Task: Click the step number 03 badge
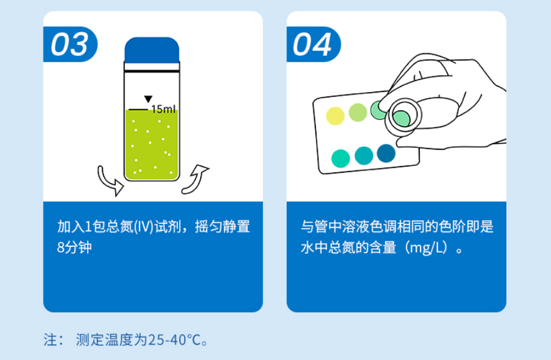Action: (70, 45)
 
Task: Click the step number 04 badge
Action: (313, 45)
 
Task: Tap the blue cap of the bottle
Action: (152, 50)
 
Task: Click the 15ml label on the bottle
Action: (164, 109)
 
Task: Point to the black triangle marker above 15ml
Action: (148, 99)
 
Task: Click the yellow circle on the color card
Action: (335, 116)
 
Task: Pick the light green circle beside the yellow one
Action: (358, 113)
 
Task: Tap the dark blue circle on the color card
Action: (386, 153)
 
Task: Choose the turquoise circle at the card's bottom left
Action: (341, 159)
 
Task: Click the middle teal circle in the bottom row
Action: (364, 155)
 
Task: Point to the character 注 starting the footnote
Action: (50, 340)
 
